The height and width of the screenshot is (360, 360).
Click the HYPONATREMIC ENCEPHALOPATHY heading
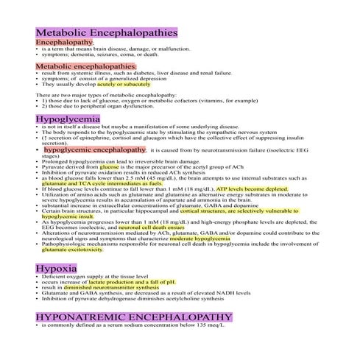click(134, 317)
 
